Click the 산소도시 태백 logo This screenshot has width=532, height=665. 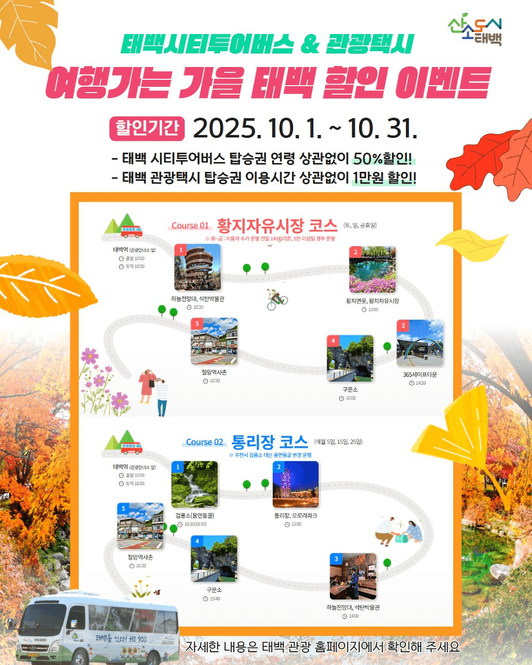[475, 31]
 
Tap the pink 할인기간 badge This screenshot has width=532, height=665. [147, 128]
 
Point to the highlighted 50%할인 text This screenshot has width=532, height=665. [383, 159]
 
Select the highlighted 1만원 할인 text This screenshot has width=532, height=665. [384, 177]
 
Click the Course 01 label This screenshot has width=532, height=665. [190, 226]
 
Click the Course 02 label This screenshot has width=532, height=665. [204, 442]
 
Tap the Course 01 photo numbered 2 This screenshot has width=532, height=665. [372, 269]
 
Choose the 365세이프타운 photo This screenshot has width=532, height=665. [420, 343]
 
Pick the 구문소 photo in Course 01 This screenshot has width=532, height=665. [350, 358]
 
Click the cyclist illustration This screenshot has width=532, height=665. [277, 300]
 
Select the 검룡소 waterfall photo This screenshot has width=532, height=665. [194, 484]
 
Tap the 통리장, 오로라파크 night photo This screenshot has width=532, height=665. [295, 484]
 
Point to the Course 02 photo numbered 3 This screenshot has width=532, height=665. [353, 576]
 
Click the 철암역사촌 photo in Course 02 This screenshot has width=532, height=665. [140, 526]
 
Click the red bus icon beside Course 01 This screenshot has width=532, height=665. [131, 231]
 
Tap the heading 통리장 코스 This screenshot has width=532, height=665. [270, 442]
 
